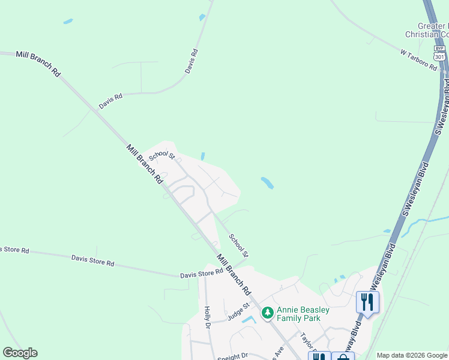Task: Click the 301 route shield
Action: [x=440, y=56]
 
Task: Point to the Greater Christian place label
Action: [x=426, y=30]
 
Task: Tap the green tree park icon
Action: [x=267, y=312]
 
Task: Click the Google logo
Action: [x=20, y=353]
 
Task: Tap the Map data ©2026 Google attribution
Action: [x=412, y=355]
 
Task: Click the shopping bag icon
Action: [x=342, y=357]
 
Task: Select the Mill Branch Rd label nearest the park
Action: [x=234, y=274]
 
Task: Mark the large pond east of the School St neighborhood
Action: [x=267, y=182]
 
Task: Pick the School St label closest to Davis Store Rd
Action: [x=238, y=246]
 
